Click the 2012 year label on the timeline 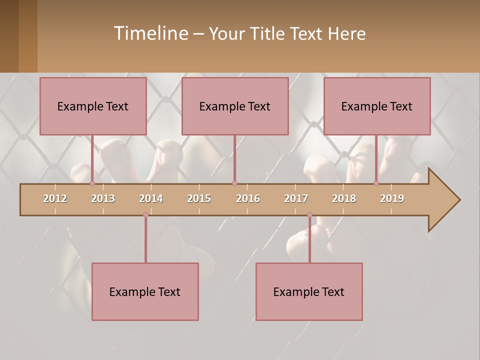pos(55,198)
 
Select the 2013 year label pos(103,198)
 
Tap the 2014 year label pos(151,198)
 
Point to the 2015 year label pos(199,198)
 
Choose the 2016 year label pos(248,198)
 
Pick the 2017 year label pos(296,198)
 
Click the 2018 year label pos(344,198)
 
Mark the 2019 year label pos(392,198)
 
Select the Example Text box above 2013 pos(93,106)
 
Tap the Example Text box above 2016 pos(235,106)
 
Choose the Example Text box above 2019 pos(377,106)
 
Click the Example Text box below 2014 pos(145,292)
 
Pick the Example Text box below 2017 pos(309,292)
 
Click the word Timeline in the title pos(150,33)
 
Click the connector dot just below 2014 pos(145,215)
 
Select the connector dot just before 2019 pos(376,183)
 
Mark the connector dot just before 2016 pos(234,183)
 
